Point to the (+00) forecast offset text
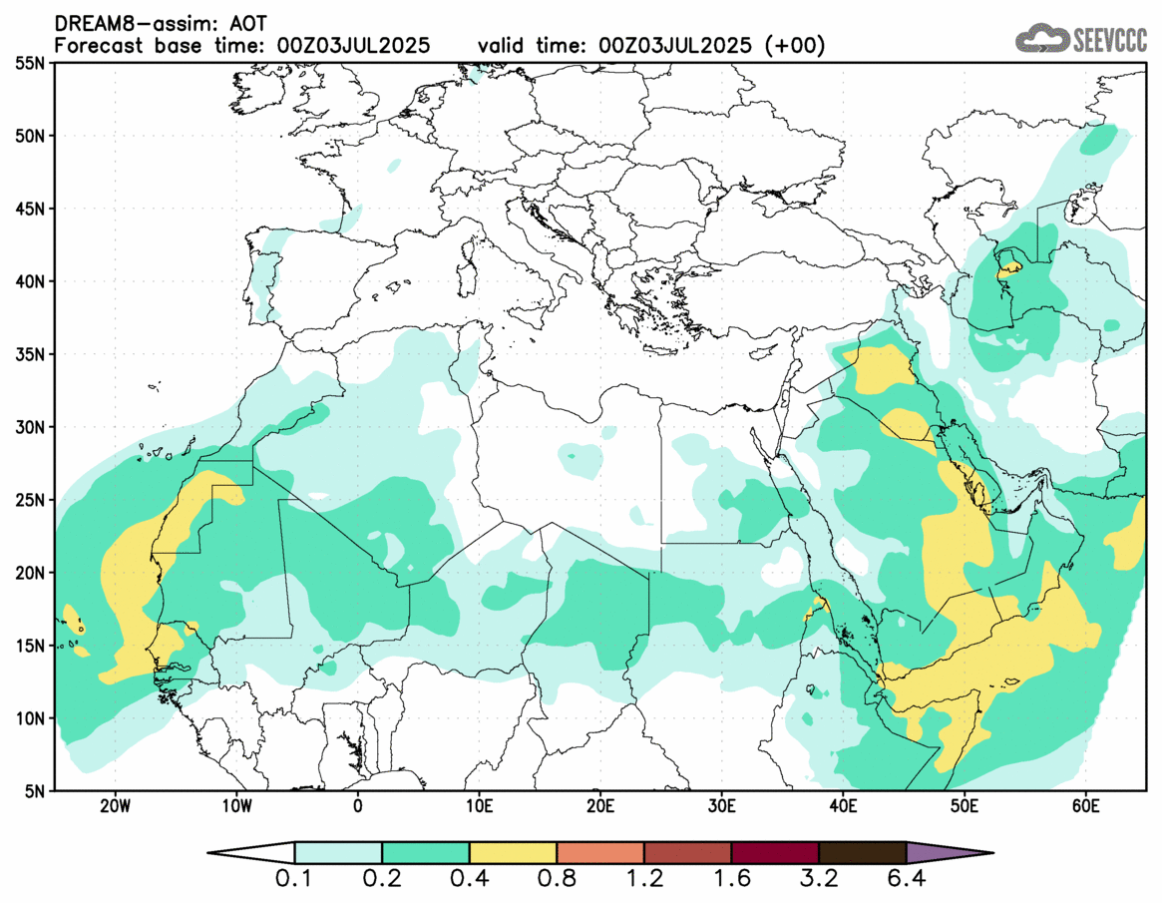pos(794,46)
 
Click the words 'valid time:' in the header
pos(533,46)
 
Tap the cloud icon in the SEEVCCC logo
pos(1040,39)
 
